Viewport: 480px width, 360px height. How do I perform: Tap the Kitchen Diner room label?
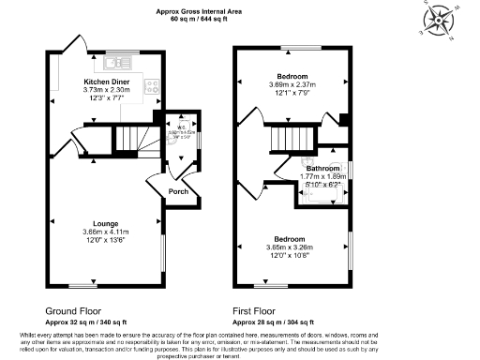pyautogui.click(x=106, y=82)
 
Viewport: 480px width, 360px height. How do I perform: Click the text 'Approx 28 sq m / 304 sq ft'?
pyautogui.click(x=274, y=321)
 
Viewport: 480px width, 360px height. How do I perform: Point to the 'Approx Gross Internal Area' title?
pyautogui.click(x=200, y=10)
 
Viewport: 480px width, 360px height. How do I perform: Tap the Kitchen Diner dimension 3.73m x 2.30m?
pyautogui.click(x=106, y=90)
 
